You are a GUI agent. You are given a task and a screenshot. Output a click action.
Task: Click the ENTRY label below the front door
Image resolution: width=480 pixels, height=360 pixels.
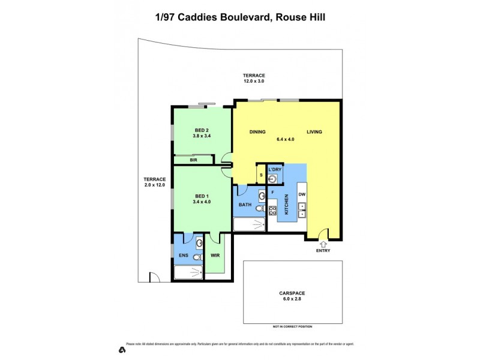323,251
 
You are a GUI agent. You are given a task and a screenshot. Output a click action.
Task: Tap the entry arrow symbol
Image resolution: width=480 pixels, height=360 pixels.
323,243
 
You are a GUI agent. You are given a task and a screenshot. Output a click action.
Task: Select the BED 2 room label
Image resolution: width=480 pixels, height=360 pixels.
202,130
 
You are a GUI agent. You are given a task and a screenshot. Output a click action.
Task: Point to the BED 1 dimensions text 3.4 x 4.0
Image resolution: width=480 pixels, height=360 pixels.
202,202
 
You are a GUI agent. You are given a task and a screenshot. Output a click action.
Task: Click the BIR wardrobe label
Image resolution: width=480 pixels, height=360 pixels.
193,160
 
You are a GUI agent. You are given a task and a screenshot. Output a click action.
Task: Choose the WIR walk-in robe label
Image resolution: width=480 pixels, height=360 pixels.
215,256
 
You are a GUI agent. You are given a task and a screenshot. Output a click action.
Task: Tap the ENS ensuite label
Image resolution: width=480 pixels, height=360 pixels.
184,256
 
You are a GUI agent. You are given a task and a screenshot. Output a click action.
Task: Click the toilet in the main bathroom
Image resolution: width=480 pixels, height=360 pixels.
259,209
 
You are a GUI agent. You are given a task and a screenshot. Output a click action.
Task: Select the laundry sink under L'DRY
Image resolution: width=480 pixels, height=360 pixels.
274,178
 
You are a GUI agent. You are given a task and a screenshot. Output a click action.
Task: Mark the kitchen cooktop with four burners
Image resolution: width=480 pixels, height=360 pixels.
272,210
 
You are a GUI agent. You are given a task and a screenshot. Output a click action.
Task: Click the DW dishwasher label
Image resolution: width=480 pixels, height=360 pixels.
302,194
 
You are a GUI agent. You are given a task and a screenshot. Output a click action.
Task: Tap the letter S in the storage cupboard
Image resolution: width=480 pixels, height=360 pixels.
262,175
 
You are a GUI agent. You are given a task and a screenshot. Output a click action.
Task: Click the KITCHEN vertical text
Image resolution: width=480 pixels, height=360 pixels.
287,205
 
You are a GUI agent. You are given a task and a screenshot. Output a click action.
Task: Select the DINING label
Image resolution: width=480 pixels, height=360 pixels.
257,132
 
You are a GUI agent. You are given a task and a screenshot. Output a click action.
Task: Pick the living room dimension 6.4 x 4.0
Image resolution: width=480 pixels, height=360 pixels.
286,139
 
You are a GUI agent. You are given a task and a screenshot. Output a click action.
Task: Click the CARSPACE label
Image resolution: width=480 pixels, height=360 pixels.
292,293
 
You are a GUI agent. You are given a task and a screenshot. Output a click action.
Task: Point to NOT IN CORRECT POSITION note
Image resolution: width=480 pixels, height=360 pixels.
293,326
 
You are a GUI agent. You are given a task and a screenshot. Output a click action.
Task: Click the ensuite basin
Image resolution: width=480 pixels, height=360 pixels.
199,243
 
